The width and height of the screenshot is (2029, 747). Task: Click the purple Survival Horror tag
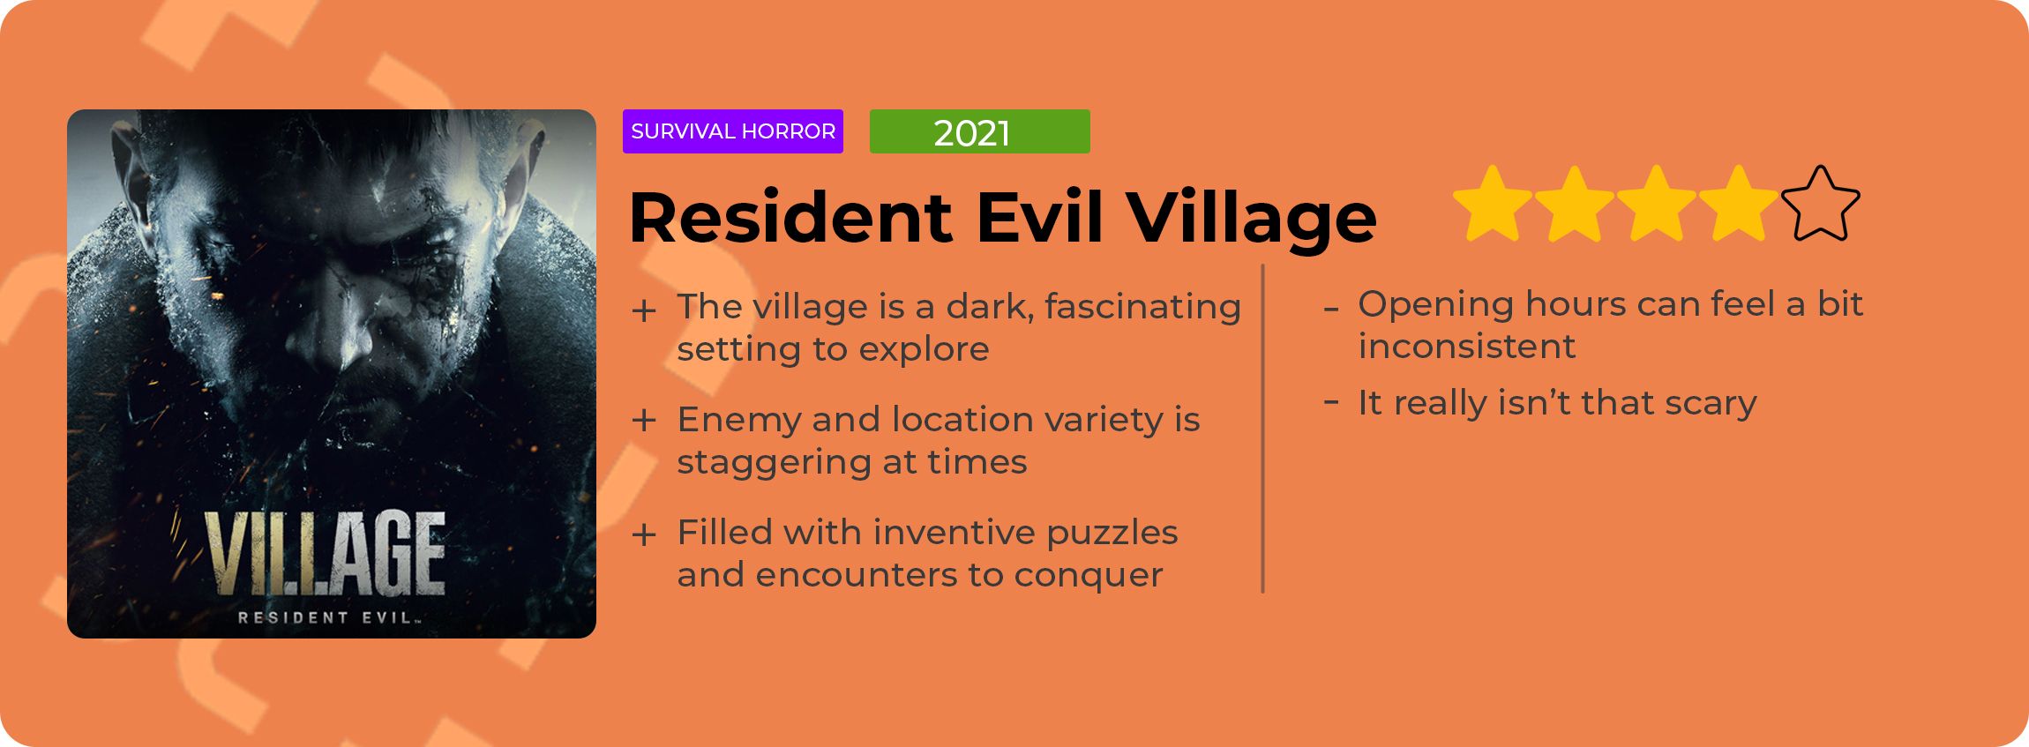[733, 131]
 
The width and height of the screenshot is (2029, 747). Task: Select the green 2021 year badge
[980, 131]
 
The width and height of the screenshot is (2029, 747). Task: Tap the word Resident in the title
[791, 217]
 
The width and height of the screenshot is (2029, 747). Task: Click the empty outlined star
[1820, 203]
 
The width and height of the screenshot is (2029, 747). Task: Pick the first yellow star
[1493, 203]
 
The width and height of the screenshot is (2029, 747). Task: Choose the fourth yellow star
[1739, 203]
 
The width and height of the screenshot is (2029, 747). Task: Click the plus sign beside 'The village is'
[644, 310]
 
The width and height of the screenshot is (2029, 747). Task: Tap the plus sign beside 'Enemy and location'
[644, 421]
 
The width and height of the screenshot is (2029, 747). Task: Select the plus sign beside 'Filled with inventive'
[644, 534]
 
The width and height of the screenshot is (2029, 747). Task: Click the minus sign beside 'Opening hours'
[1332, 310]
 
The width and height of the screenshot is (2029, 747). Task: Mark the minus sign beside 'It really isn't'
[1332, 402]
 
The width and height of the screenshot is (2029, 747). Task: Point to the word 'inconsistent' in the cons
[1466, 346]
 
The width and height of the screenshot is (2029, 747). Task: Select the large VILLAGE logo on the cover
[326, 553]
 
